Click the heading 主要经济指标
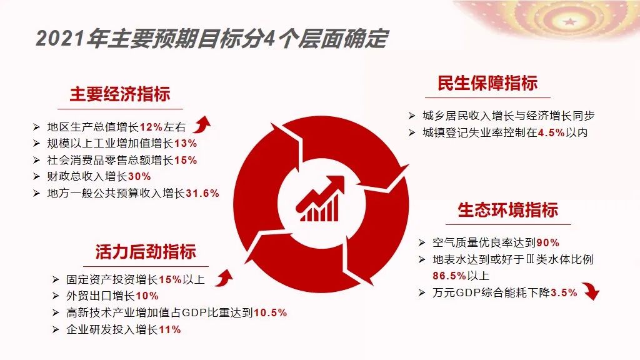(119, 94)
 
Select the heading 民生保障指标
(487, 83)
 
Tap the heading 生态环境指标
(507, 210)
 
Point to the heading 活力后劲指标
(146, 251)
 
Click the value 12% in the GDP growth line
(151, 127)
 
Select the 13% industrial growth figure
(186, 144)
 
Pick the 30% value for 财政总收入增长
(139, 177)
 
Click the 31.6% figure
(202, 194)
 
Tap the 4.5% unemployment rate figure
(551, 132)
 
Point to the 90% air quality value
(547, 243)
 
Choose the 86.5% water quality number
(449, 276)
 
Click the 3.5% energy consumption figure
(564, 292)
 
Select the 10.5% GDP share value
(270, 313)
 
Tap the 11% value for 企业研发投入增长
(170, 330)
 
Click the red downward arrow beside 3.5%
(591, 290)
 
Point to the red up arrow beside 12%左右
(202, 124)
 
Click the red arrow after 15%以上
(224, 277)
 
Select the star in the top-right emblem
(569, 21)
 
